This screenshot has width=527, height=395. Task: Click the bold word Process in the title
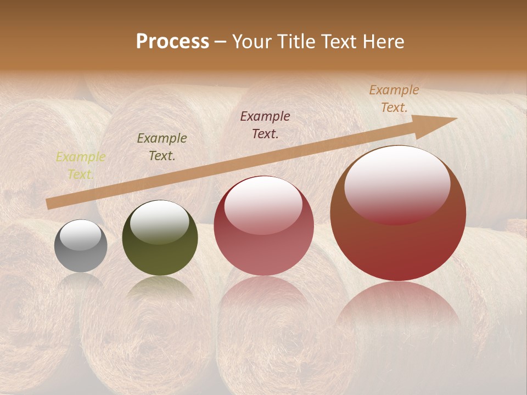point(172,42)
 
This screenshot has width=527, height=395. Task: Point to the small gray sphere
point(81,246)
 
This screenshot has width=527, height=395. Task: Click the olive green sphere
point(160,238)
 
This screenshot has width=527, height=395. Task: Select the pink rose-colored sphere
point(263,225)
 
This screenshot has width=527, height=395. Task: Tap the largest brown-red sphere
point(398,213)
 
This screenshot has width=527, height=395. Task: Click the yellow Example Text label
point(80,166)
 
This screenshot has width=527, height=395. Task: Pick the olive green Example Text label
point(162,147)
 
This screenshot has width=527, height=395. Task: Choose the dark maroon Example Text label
point(265,125)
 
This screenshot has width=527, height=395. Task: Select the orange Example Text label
point(394,99)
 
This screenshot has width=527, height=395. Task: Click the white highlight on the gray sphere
point(81,235)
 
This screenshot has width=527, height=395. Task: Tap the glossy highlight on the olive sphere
point(160,221)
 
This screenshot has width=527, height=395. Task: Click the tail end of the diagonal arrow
point(49,204)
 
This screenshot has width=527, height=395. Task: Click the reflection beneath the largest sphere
point(398,313)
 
